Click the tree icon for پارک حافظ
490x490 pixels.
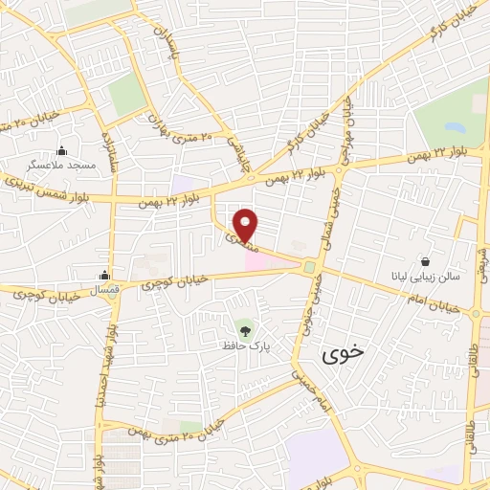pyautogui.click(x=246, y=331)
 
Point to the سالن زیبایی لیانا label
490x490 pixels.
pyautogui.click(x=426, y=276)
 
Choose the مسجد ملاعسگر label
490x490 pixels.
pyautogui.click(x=62, y=166)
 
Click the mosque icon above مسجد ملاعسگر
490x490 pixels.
pyautogui.click(x=62, y=149)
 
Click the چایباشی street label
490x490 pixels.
pyautogui.click(x=231, y=153)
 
